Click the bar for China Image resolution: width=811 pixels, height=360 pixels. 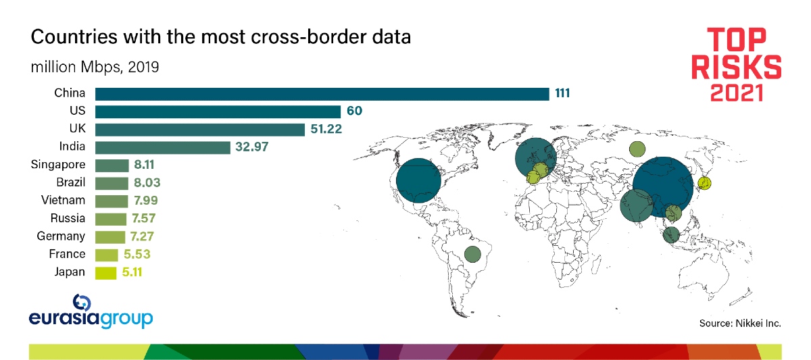tap(322, 94)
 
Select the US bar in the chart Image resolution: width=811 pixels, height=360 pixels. tap(218, 111)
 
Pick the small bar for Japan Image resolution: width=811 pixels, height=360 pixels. tap(106, 272)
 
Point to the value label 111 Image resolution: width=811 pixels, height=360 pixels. tap(563, 93)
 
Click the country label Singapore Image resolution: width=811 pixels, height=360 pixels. tap(58, 165)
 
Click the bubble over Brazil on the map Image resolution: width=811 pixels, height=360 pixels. tap(472, 255)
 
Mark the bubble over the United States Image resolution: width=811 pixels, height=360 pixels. tap(418, 180)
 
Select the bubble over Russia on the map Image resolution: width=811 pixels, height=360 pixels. tap(637, 149)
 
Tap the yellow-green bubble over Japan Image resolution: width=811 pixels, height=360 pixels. tap(704, 183)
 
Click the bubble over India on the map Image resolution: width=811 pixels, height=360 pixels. tap(637, 205)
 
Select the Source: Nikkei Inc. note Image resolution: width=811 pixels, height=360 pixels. tap(740, 324)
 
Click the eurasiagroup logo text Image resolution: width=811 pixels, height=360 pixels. tap(91, 319)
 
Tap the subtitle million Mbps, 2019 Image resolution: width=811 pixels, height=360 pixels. tap(95, 68)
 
